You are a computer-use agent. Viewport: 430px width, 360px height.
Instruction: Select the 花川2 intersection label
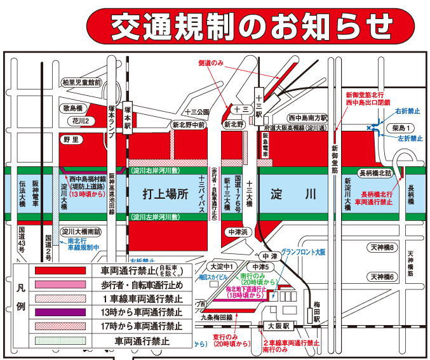(x=83, y=120)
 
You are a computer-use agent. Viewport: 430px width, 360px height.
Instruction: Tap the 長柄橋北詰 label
(x=375, y=172)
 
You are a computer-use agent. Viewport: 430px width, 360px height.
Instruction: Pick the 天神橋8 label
(x=383, y=247)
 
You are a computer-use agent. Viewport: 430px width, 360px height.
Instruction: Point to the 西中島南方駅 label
(x=307, y=117)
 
